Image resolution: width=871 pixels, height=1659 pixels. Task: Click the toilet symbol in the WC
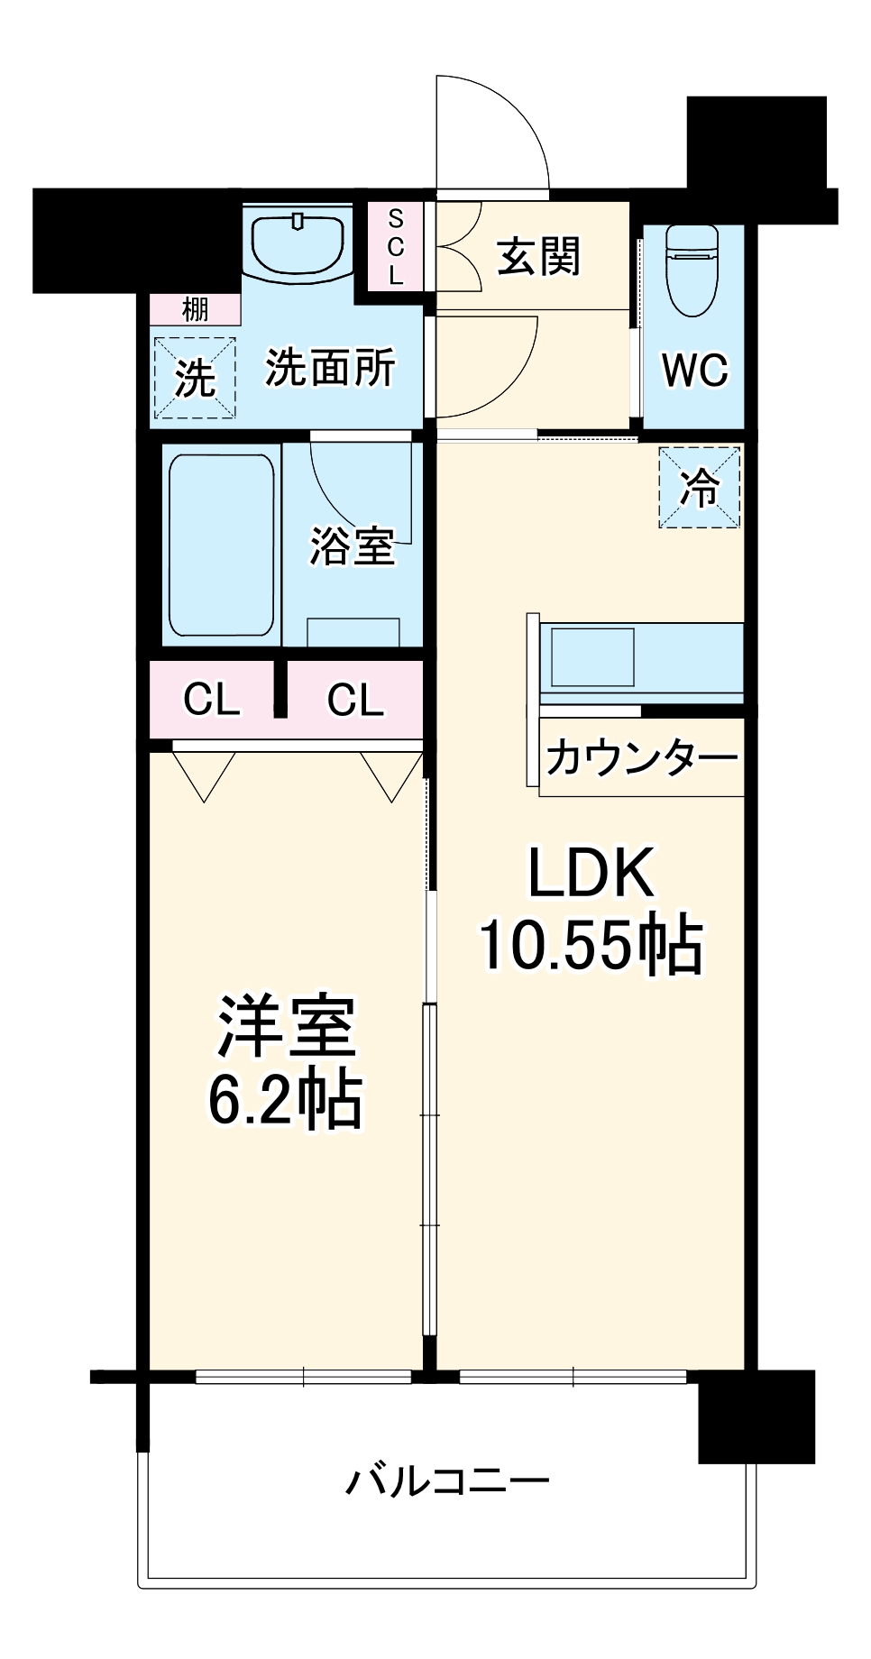point(692,270)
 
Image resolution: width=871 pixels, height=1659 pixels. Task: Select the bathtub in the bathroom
point(221,545)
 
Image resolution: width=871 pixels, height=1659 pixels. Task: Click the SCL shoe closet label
point(396,246)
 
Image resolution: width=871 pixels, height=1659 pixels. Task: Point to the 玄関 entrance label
point(539,256)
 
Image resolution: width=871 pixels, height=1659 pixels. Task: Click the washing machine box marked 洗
point(195,378)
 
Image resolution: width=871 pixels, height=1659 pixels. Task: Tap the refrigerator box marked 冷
point(700,488)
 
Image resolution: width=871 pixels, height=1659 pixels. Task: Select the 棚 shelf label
point(196,309)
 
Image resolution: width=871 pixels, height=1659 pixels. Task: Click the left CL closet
point(212,699)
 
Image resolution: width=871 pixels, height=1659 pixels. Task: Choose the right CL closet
point(355,699)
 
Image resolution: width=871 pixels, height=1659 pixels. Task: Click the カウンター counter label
point(641,757)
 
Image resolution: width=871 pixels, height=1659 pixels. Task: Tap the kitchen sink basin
point(592,657)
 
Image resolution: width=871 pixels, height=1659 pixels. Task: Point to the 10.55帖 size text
point(591,945)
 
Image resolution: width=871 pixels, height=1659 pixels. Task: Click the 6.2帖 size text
point(285,1099)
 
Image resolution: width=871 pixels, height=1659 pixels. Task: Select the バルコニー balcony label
point(447,1481)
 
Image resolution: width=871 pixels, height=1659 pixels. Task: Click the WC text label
point(694,370)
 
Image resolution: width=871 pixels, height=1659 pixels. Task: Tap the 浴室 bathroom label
point(352,545)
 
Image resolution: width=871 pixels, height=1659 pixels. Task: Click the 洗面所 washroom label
point(330,367)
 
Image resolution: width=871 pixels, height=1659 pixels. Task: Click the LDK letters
point(591,873)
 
